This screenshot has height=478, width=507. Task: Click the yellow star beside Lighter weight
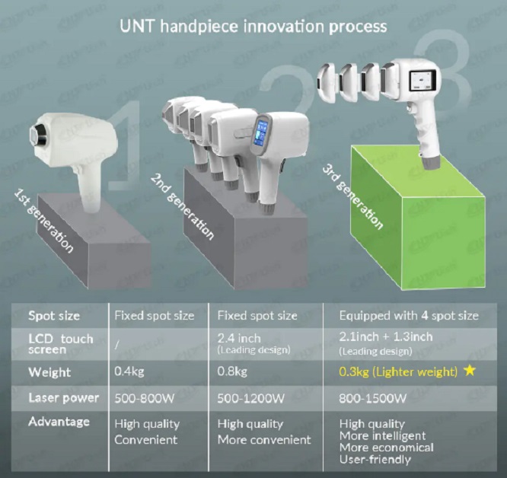coord(470,371)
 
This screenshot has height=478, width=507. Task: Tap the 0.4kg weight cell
coord(129,371)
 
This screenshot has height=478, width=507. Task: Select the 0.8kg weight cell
coord(232,371)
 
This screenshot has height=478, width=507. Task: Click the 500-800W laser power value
coord(144,398)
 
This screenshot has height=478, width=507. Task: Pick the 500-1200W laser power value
coord(251,398)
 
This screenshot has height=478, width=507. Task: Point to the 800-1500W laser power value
coord(373,398)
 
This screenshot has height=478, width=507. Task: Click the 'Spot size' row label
coord(54,316)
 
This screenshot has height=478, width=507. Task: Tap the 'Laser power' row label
coord(63,398)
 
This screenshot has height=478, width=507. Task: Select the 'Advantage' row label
coord(59,422)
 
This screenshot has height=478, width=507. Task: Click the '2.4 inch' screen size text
coord(239,338)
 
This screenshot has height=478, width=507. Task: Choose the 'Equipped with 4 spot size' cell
coord(409,315)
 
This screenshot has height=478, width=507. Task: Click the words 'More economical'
coord(387,448)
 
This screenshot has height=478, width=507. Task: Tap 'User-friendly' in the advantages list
coord(375,459)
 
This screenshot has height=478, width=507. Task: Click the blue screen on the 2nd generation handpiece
coord(261,133)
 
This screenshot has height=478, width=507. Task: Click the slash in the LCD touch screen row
coord(116,345)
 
